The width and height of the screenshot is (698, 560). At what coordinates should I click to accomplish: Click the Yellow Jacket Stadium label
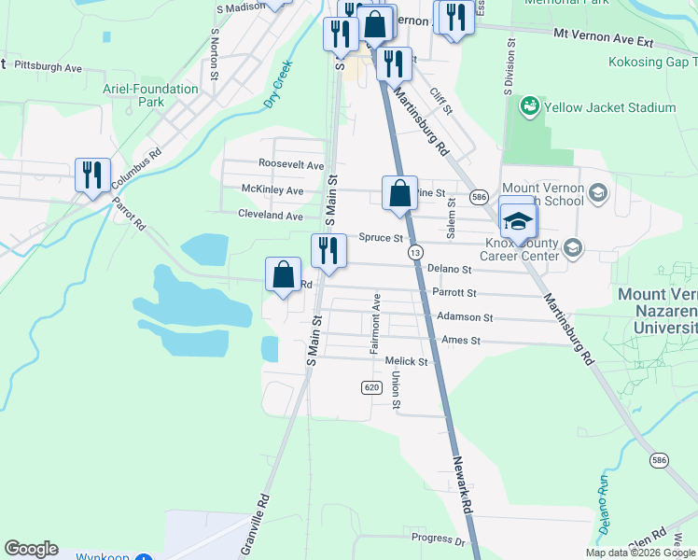[612, 107]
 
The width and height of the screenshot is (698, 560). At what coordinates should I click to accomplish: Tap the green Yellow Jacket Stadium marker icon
[530, 106]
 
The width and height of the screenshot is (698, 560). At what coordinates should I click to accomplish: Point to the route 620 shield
[371, 386]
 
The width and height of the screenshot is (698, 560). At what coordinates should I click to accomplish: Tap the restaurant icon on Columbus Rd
[92, 175]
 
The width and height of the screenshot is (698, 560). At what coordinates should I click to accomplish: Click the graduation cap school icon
[518, 221]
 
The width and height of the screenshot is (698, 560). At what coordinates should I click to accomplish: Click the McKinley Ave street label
[272, 190]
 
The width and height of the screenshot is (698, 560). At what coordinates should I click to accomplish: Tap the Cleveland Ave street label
[272, 216]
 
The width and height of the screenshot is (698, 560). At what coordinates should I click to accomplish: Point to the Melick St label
[405, 361]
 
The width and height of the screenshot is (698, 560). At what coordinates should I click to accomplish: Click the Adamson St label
[464, 317]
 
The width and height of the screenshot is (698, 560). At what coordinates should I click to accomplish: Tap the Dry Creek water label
[278, 84]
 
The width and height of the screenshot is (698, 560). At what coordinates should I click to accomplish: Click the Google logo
[31, 549]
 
